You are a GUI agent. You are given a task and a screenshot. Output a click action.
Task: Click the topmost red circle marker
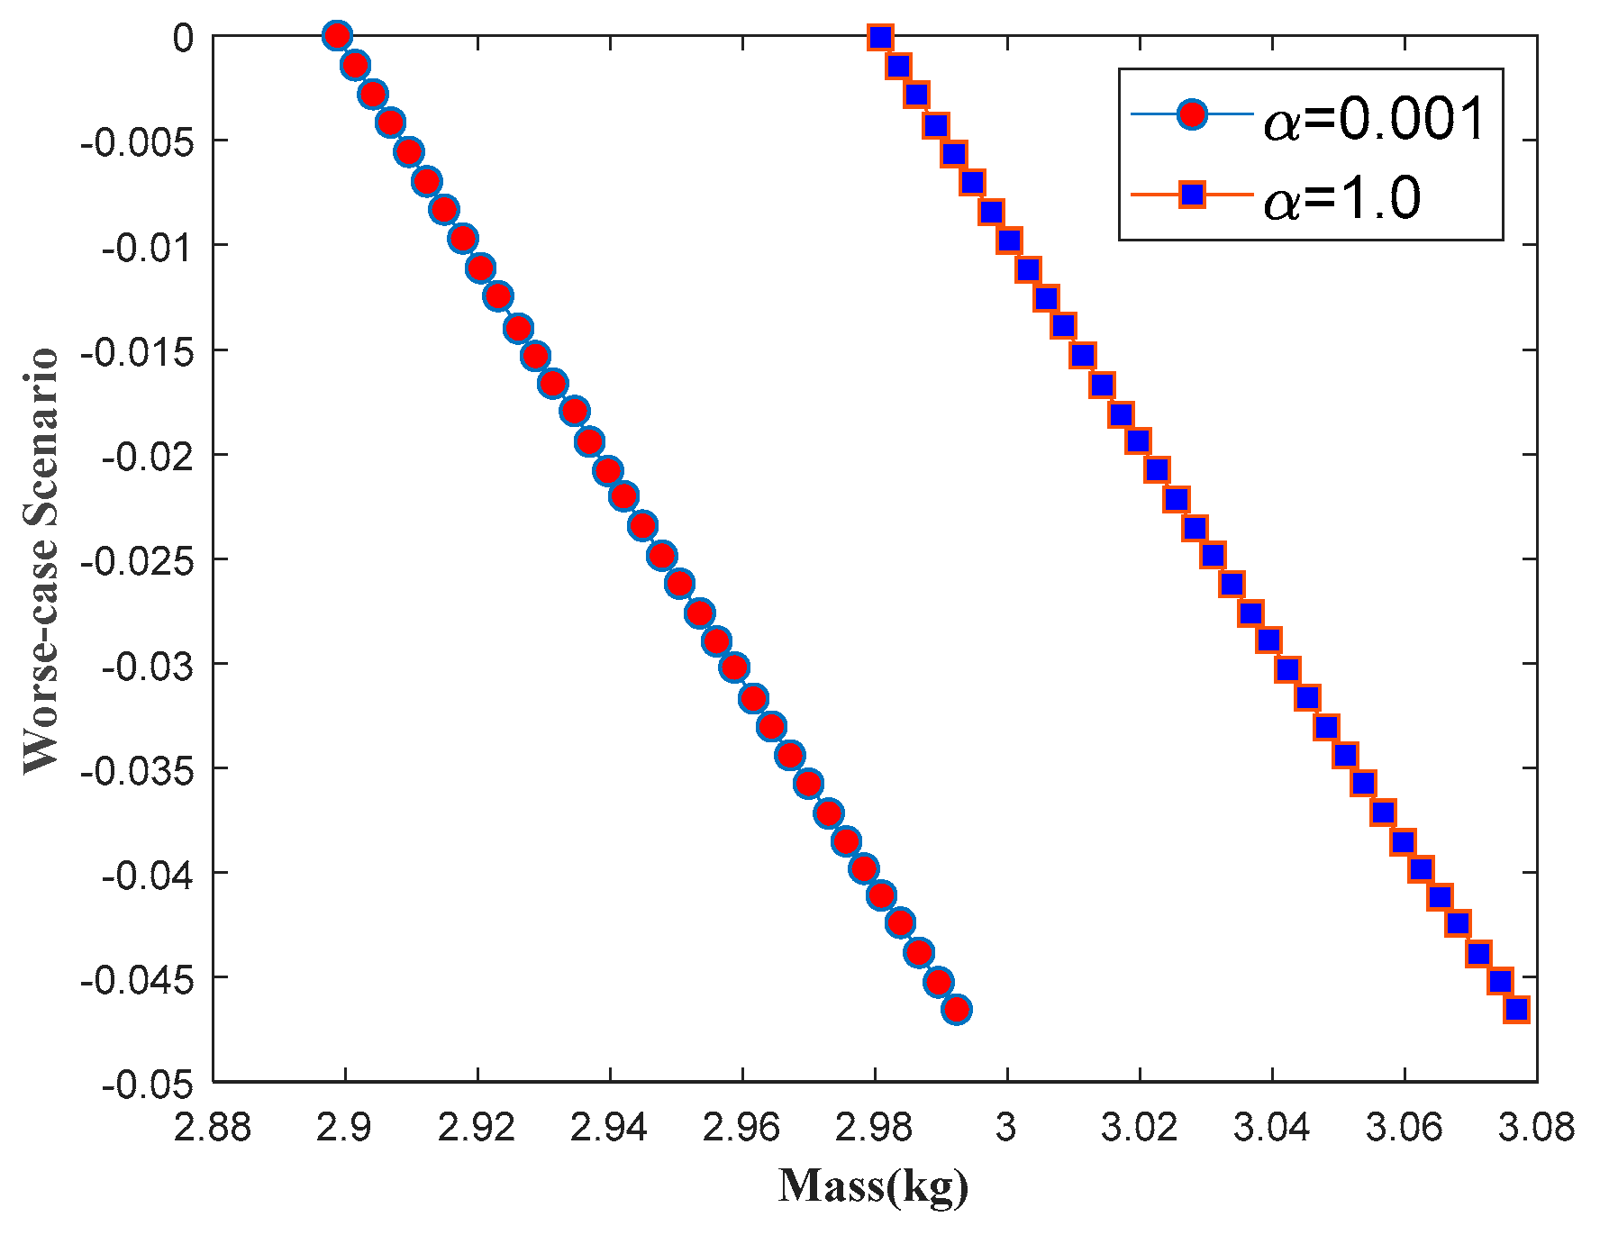click(336, 36)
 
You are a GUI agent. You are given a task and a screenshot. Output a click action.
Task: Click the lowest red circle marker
click(957, 1010)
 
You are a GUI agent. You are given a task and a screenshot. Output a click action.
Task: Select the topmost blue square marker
click(880, 37)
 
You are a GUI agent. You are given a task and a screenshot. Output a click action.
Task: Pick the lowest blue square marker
click(1516, 1009)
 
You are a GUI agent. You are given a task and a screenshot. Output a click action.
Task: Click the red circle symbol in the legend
click(1193, 116)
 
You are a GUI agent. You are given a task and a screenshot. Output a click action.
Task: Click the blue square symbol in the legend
click(1193, 195)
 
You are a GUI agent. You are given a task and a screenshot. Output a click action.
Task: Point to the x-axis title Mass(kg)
click(873, 1186)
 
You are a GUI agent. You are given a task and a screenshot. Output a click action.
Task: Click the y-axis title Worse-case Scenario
click(41, 560)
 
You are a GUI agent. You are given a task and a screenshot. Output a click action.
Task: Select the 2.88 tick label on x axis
click(213, 1128)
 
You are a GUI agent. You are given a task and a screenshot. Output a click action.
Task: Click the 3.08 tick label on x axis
click(1536, 1128)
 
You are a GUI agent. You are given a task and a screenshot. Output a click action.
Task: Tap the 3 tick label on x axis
click(1006, 1128)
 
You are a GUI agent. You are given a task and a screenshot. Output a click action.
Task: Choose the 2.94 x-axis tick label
click(610, 1128)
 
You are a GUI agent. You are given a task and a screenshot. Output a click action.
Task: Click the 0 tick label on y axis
click(183, 38)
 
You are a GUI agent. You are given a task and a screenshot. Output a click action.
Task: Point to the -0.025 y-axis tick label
click(136, 561)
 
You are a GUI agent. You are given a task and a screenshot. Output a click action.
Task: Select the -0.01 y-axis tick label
click(148, 247)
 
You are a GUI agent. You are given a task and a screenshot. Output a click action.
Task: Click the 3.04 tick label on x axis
click(1271, 1128)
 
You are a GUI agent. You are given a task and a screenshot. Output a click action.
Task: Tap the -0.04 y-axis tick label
click(148, 875)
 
